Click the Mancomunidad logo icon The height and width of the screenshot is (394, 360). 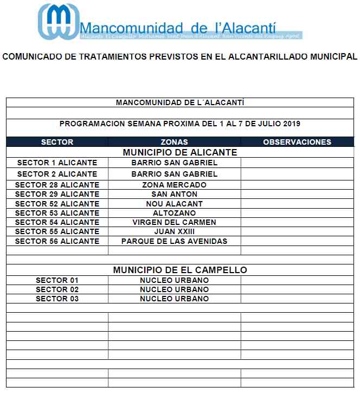tap(57, 22)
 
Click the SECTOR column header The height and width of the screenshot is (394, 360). tap(57, 142)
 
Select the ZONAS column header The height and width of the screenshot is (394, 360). tap(174, 142)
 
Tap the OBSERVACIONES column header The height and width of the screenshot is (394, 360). tap(297, 142)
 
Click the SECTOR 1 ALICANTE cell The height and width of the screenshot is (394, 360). tap(57, 163)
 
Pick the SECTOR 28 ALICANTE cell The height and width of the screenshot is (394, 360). tap(57, 185)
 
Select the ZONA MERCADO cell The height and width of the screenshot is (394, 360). tap(174, 185)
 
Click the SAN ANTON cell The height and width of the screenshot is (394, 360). tap(174, 194)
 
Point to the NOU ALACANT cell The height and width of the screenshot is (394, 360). tap(174, 204)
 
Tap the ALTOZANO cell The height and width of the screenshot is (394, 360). tap(174, 213)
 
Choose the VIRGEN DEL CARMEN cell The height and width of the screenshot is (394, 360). tap(174, 222)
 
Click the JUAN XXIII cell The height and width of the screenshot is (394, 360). tap(174, 231)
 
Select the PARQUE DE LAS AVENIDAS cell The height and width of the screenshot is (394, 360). tap(174, 241)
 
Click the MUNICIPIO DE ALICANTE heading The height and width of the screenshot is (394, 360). tap(180, 152)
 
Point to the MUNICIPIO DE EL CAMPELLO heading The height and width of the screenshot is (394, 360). tap(180, 270)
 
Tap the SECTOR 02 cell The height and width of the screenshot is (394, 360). tap(57, 289)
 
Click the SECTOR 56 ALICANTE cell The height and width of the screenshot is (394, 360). tap(57, 241)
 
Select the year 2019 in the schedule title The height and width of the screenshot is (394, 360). tap(291, 124)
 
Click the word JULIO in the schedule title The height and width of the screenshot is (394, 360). tap(266, 124)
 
